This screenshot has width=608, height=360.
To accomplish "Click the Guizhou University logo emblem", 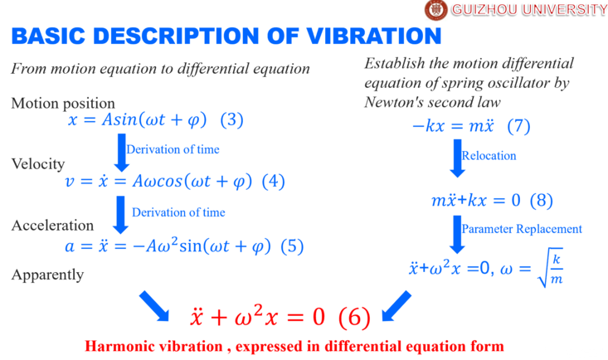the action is pos(435,10).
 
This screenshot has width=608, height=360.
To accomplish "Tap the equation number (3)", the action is pos(232,120).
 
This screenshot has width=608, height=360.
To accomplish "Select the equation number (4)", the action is pos(274,181).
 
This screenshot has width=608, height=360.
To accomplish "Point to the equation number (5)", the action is pos(292,246).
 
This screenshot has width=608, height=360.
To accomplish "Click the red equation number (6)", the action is pos(354,318).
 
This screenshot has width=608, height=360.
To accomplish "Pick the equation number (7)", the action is pos(518,126).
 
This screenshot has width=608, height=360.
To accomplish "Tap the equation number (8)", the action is pos(542,201).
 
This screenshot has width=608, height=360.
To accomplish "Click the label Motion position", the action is pos(63,104).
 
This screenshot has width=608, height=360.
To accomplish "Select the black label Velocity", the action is pos(38,164).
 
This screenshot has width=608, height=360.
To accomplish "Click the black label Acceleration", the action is pos(52,226).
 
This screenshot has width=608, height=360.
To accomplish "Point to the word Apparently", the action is pos(47,275).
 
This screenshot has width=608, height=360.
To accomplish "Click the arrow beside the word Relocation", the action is pos(458,158).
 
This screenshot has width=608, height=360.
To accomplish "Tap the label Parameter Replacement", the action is pos(522,229).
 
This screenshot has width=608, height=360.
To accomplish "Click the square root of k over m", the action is pos(550,268).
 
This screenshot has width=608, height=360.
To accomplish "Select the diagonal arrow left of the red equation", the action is pos(154,306).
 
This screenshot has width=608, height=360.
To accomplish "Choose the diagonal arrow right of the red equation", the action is pos(396,306).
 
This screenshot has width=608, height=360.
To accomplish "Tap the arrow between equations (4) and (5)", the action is pos(121,215).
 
